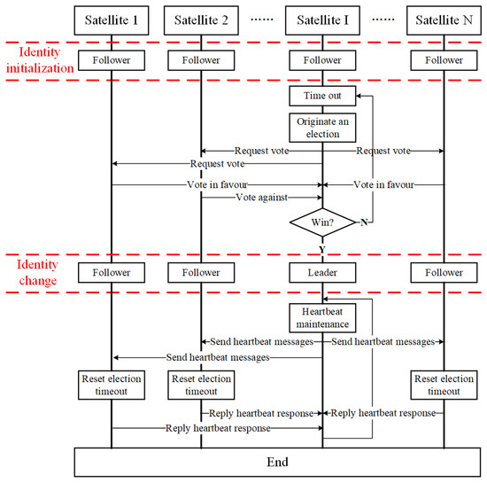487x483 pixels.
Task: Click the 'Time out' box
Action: point(322,96)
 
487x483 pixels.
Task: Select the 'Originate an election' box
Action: point(322,128)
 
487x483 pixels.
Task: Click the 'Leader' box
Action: point(322,273)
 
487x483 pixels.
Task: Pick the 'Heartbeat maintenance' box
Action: point(322,317)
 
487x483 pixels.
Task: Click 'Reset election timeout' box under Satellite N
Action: point(443,385)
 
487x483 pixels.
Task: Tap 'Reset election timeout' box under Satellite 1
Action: point(112,385)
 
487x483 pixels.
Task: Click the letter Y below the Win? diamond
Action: point(322,249)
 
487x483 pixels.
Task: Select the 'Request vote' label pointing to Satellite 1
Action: point(217,164)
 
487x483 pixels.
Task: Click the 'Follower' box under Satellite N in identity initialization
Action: point(443,61)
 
